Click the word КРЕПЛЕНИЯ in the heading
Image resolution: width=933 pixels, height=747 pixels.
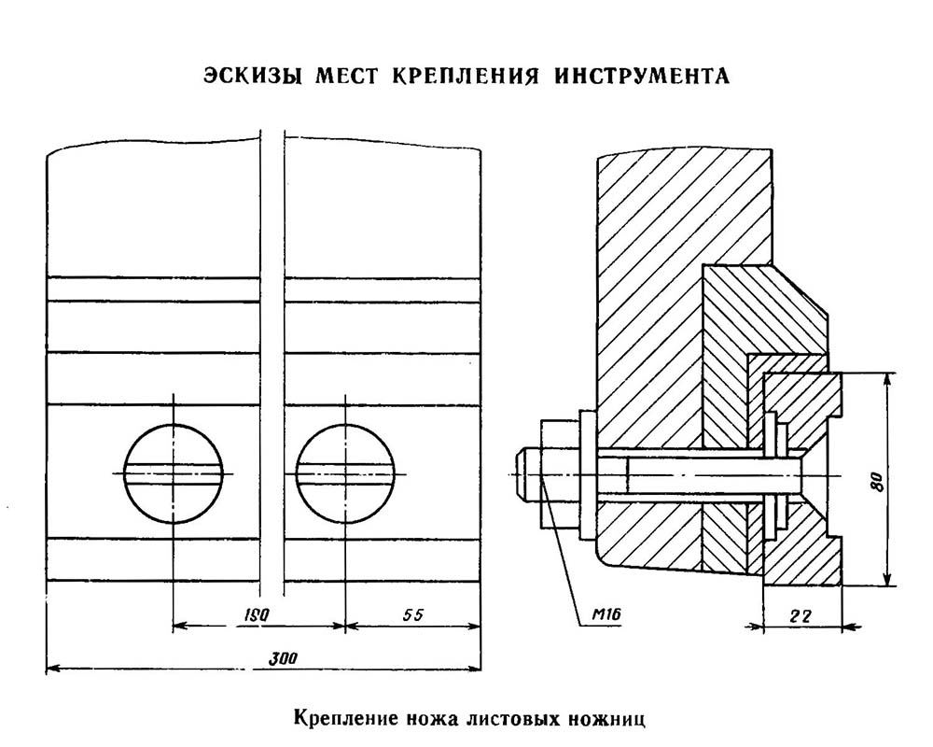(x=466, y=77)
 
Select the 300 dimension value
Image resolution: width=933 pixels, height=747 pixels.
(x=283, y=659)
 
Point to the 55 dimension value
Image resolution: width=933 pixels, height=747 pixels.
(x=412, y=614)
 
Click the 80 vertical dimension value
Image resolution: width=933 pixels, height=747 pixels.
(x=875, y=481)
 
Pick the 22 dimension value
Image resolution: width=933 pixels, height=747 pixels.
(x=801, y=616)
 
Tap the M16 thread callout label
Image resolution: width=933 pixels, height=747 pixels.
(x=606, y=614)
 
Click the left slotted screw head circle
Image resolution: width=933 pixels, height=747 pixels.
(x=174, y=473)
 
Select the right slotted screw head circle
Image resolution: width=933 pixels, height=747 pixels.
(x=345, y=473)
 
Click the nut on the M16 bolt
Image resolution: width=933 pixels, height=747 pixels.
(x=559, y=474)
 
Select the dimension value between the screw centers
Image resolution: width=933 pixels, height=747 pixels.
(x=258, y=614)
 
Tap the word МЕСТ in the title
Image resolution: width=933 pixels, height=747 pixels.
(x=347, y=77)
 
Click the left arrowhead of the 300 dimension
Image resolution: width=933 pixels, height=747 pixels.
(x=54, y=669)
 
